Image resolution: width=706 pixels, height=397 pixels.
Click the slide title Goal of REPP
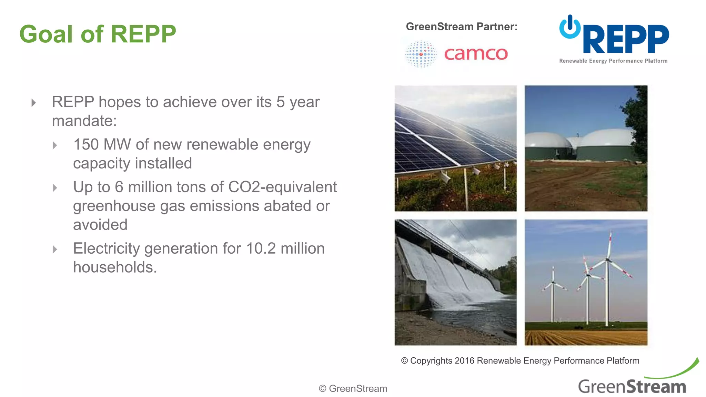click(98, 34)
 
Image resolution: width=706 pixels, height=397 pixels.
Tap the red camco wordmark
click(476, 54)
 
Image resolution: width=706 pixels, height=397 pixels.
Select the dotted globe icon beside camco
click(421, 54)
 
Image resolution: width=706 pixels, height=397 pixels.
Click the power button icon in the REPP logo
click(570, 27)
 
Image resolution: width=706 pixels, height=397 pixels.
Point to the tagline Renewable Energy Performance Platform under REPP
click(613, 61)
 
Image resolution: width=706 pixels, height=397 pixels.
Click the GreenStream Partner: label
click(462, 27)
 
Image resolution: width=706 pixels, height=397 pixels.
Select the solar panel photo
click(455, 148)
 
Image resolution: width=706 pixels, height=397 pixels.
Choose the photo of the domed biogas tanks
click(586, 148)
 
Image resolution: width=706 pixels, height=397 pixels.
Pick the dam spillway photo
click(455, 282)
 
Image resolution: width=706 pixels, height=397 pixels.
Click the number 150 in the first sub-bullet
click(86, 144)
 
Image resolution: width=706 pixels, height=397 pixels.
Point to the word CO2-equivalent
click(282, 187)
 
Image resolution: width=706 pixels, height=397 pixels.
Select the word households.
click(115, 267)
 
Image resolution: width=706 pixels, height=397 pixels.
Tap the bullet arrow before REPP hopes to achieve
click(33, 103)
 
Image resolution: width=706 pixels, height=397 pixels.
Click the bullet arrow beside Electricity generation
click(55, 249)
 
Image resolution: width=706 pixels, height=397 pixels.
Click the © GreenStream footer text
click(353, 388)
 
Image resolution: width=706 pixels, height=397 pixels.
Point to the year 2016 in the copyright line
click(464, 361)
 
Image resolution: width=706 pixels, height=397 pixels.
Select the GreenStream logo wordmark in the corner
click(632, 386)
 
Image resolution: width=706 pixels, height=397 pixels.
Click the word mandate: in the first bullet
click(84, 121)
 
